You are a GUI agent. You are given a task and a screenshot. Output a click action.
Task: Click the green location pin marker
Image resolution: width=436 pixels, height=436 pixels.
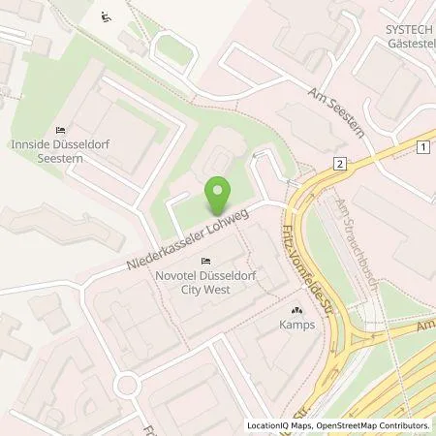pyautogui.click(x=219, y=197)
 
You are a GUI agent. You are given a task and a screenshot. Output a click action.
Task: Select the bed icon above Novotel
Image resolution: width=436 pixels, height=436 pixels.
pyautogui.click(x=205, y=262)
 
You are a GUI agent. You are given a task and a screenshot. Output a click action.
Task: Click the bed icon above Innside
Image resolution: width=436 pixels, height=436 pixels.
pyautogui.click(x=60, y=131)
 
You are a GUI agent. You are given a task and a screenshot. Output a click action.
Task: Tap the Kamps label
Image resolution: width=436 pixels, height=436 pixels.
pyautogui.click(x=292, y=327)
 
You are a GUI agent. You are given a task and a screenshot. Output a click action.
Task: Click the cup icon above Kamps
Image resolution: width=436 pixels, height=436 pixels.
pyautogui.click(x=292, y=311)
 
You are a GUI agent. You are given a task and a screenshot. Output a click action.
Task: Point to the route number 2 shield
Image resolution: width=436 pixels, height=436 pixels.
pyautogui.click(x=338, y=164)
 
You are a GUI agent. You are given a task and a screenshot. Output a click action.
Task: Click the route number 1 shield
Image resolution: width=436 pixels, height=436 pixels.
pyautogui.click(x=423, y=146)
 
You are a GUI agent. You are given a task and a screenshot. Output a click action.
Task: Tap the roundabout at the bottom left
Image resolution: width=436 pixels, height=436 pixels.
pyautogui.click(x=125, y=386)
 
